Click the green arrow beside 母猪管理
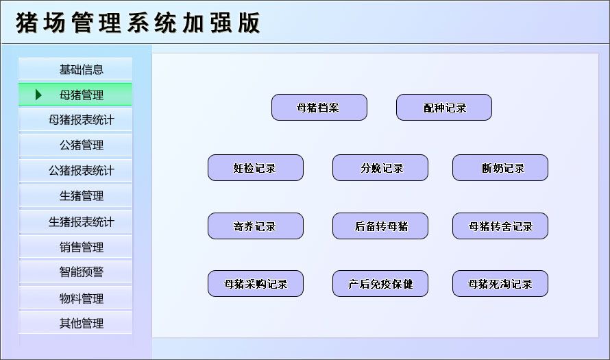(39, 95)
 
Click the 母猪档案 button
(319, 108)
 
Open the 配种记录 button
(443, 108)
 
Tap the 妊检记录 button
(255, 168)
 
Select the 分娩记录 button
(380, 168)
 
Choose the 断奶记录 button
(500, 168)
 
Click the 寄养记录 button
(255, 226)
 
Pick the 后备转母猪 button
(380, 226)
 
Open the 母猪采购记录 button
(255, 284)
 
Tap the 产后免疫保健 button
(380, 284)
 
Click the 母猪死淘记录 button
(500, 284)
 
